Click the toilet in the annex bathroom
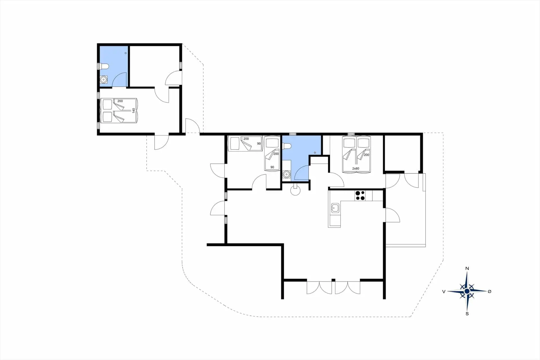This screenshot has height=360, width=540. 105,66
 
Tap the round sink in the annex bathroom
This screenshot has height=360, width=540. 104,80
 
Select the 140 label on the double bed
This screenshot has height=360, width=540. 134,110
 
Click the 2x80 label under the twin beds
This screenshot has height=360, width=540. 355,169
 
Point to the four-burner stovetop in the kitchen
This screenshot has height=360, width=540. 360,196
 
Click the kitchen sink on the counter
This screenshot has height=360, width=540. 335,208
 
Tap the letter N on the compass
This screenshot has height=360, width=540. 467,269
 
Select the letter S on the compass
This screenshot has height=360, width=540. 467,314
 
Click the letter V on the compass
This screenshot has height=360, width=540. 444,292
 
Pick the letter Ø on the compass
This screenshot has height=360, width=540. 489,292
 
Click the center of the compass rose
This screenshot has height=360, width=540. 467,291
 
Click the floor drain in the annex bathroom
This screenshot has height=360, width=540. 125,53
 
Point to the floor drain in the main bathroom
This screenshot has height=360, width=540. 315,153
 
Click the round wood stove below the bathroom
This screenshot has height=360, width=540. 295,191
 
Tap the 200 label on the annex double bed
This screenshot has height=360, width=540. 120,101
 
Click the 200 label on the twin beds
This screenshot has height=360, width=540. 366,155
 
